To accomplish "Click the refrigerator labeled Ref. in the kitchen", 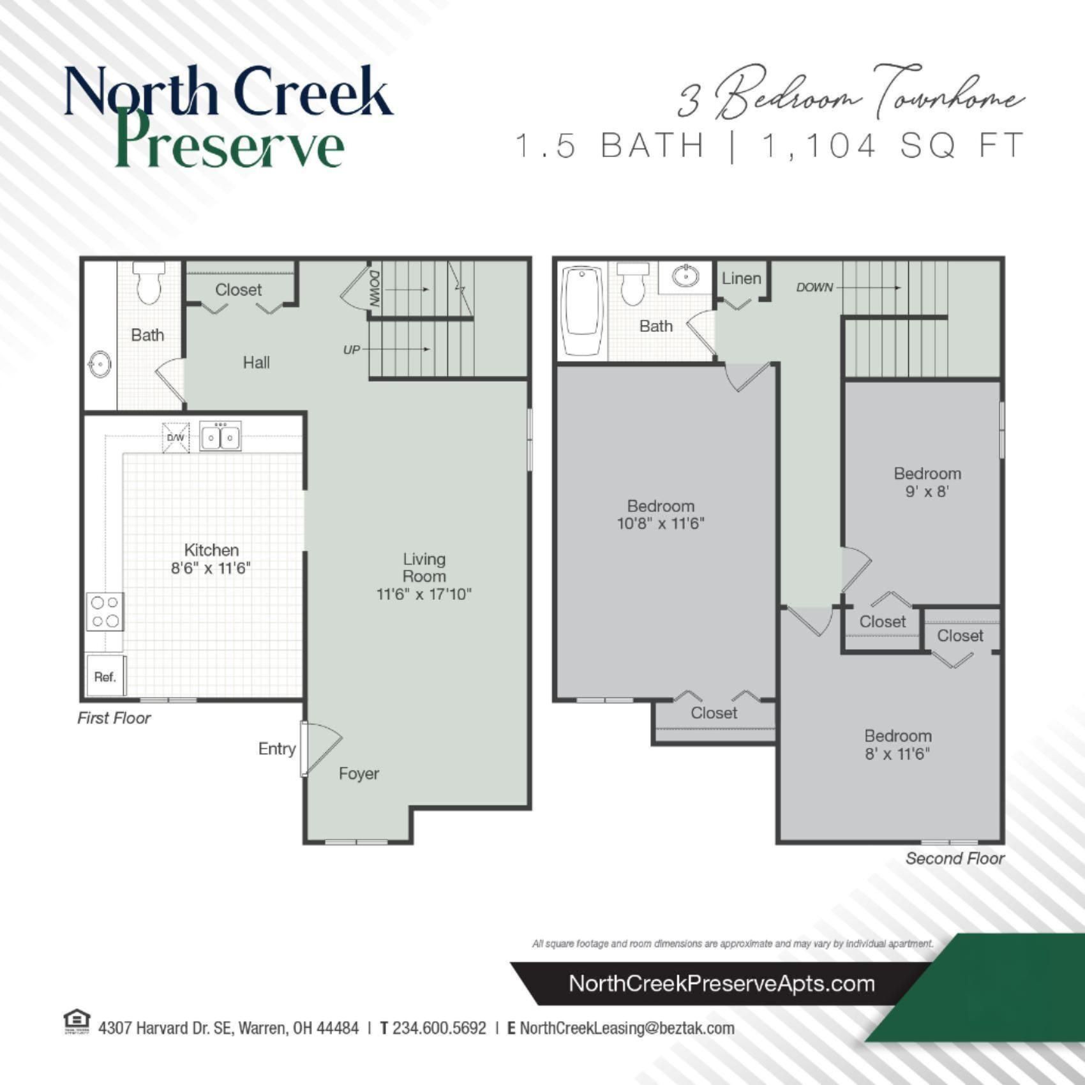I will (105, 676).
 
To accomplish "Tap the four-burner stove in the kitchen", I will (105, 611).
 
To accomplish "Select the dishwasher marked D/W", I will (176, 437).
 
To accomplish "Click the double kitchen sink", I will (220, 437).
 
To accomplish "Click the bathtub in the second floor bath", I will (581, 311).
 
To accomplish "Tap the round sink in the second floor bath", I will (685, 277).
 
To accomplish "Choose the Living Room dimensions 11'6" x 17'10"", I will (424, 594).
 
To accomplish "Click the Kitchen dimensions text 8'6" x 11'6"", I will (211, 568).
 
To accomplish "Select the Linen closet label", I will (741, 278).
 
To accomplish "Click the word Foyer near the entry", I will (359, 774).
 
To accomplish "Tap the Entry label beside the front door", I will (277, 749).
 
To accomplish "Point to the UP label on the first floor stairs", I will (352, 350).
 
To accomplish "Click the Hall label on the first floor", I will (256, 363).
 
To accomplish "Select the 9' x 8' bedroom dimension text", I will (927, 491).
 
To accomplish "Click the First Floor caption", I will (114, 718).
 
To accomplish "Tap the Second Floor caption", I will (955, 858).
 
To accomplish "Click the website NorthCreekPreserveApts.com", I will (721, 984).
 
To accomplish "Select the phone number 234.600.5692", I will (439, 1028).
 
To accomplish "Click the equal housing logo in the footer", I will (77, 1021).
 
